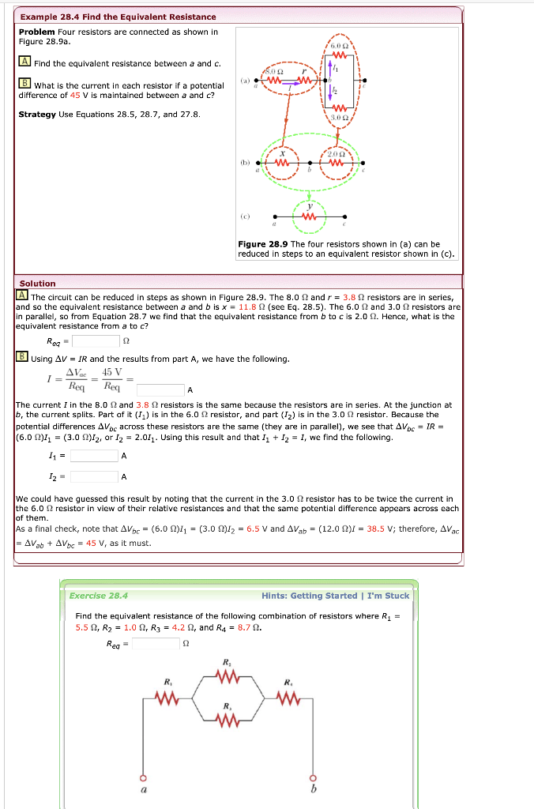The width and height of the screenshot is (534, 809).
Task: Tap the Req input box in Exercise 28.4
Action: click(156, 643)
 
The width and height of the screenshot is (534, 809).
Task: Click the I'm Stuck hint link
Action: click(388, 596)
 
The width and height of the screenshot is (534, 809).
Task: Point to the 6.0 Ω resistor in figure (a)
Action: click(340, 55)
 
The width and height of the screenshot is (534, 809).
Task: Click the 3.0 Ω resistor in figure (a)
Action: click(340, 107)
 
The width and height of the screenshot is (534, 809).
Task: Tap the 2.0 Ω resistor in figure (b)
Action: click(337, 163)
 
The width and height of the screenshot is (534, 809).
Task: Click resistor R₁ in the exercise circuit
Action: click(167, 696)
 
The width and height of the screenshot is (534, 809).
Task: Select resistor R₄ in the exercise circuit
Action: click(288, 696)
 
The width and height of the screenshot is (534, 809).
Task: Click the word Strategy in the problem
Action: click(37, 115)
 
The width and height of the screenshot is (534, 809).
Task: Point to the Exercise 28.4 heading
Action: click(98, 596)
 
